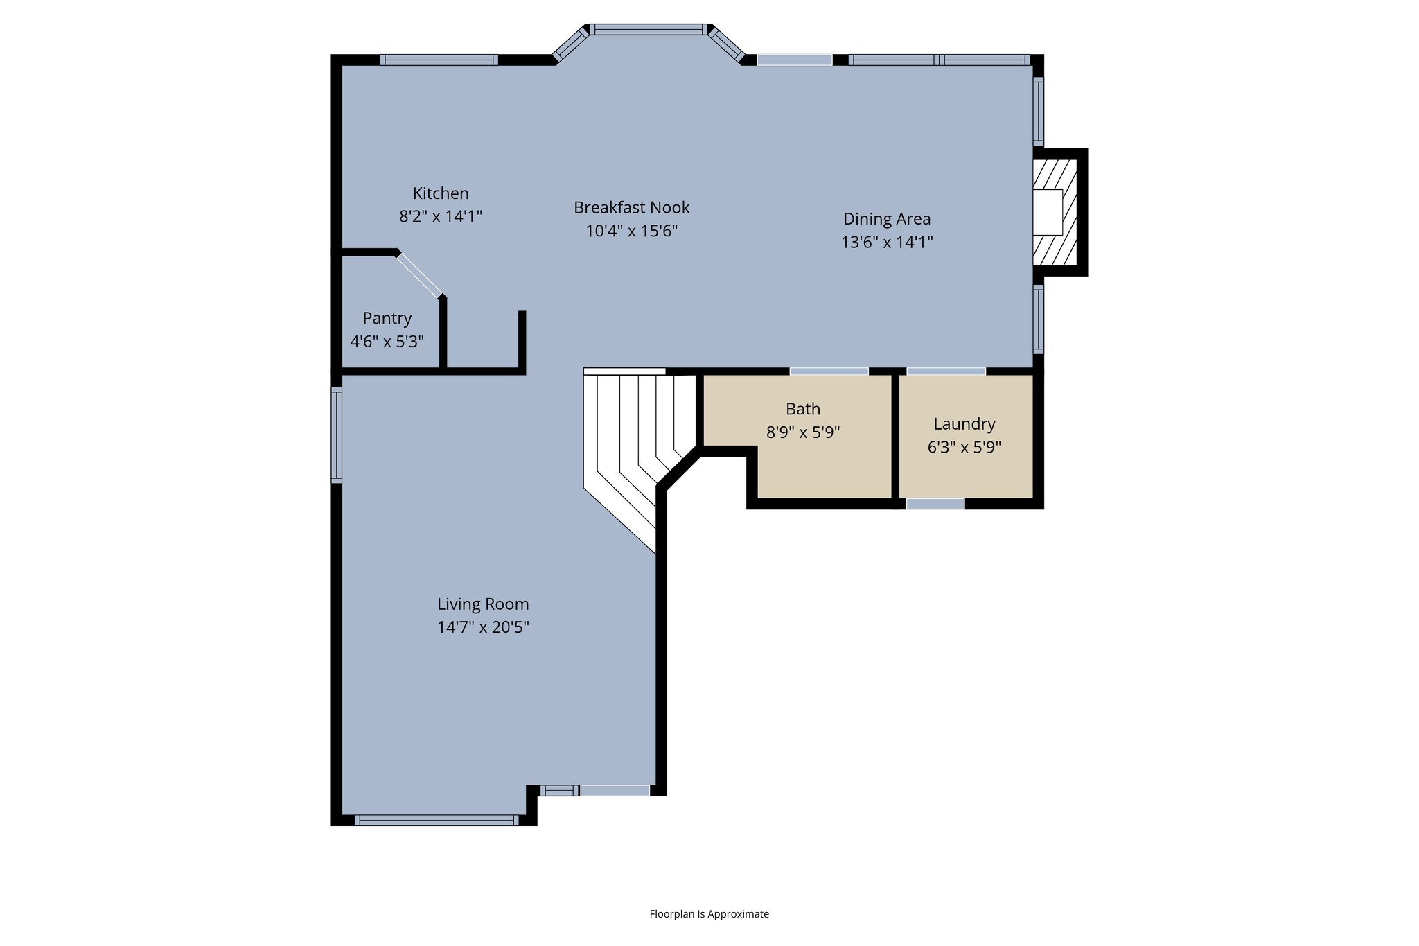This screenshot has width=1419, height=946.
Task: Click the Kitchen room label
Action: [441, 193]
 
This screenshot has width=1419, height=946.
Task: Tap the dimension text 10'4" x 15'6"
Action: [631, 231]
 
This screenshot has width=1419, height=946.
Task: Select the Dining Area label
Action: [887, 219]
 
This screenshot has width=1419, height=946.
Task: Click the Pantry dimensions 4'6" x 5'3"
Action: [387, 342]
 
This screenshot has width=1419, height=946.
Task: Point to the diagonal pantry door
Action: [419, 275]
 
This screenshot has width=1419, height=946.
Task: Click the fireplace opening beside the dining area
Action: [1047, 212]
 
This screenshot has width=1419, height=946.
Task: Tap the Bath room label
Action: [802, 409]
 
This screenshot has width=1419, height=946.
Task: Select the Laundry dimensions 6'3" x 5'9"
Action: [964, 447]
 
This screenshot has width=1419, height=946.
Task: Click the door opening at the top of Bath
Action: [829, 371]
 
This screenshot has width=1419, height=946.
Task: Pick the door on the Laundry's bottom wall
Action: [935, 504]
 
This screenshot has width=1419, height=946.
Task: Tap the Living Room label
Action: [483, 604]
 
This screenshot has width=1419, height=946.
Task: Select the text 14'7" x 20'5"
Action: [483, 628]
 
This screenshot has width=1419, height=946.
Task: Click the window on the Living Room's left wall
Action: [336, 435]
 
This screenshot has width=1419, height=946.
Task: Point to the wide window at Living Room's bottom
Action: [437, 821]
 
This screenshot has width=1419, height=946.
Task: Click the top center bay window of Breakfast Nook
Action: [649, 29]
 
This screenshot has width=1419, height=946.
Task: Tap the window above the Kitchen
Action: [439, 60]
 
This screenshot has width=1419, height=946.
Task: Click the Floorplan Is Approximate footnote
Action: [709, 914]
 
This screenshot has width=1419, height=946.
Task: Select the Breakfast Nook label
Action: [631, 207]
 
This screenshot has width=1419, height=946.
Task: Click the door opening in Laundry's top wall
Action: [946, 371]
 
